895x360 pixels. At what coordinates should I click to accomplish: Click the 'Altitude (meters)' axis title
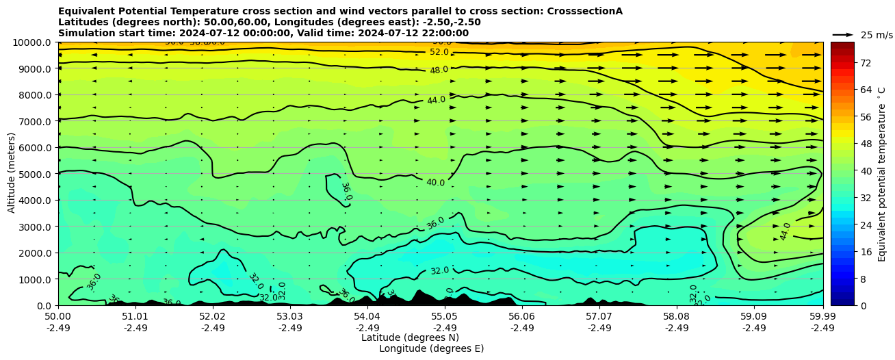(x=12, y=174)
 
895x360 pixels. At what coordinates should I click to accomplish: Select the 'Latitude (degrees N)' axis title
(x=410, y=338)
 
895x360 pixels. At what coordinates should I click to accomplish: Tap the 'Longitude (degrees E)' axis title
(x=431, y=349)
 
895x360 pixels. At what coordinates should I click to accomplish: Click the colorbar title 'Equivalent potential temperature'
(x=882, y=174)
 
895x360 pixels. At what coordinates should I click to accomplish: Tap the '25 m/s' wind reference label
(x=876, y=35)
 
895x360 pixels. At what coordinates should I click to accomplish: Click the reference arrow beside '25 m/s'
(x=842, y=35)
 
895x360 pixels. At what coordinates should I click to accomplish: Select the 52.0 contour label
(x=439, y=52)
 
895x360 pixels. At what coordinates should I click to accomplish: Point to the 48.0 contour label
(x=439, y=70)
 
